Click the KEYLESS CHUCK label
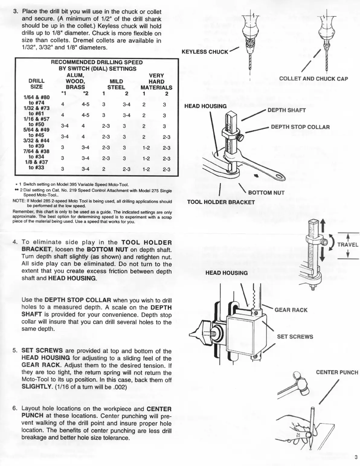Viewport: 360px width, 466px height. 205,52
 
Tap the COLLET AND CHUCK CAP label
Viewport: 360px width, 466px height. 313,79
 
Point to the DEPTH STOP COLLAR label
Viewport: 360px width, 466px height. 300,127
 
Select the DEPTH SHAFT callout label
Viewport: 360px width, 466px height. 286,110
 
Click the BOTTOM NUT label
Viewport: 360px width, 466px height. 266,193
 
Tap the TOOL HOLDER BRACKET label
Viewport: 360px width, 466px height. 221,202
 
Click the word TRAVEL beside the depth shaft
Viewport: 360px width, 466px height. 348,245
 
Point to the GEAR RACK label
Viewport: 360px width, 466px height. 291,310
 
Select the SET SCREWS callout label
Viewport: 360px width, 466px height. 295,337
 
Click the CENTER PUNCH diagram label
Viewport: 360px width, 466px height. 337,372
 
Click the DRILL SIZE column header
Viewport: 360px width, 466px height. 37,84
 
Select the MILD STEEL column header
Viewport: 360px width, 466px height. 116,85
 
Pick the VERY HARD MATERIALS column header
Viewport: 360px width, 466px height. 156,81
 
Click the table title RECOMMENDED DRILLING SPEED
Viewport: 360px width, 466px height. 97,62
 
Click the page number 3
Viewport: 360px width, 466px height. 356,457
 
